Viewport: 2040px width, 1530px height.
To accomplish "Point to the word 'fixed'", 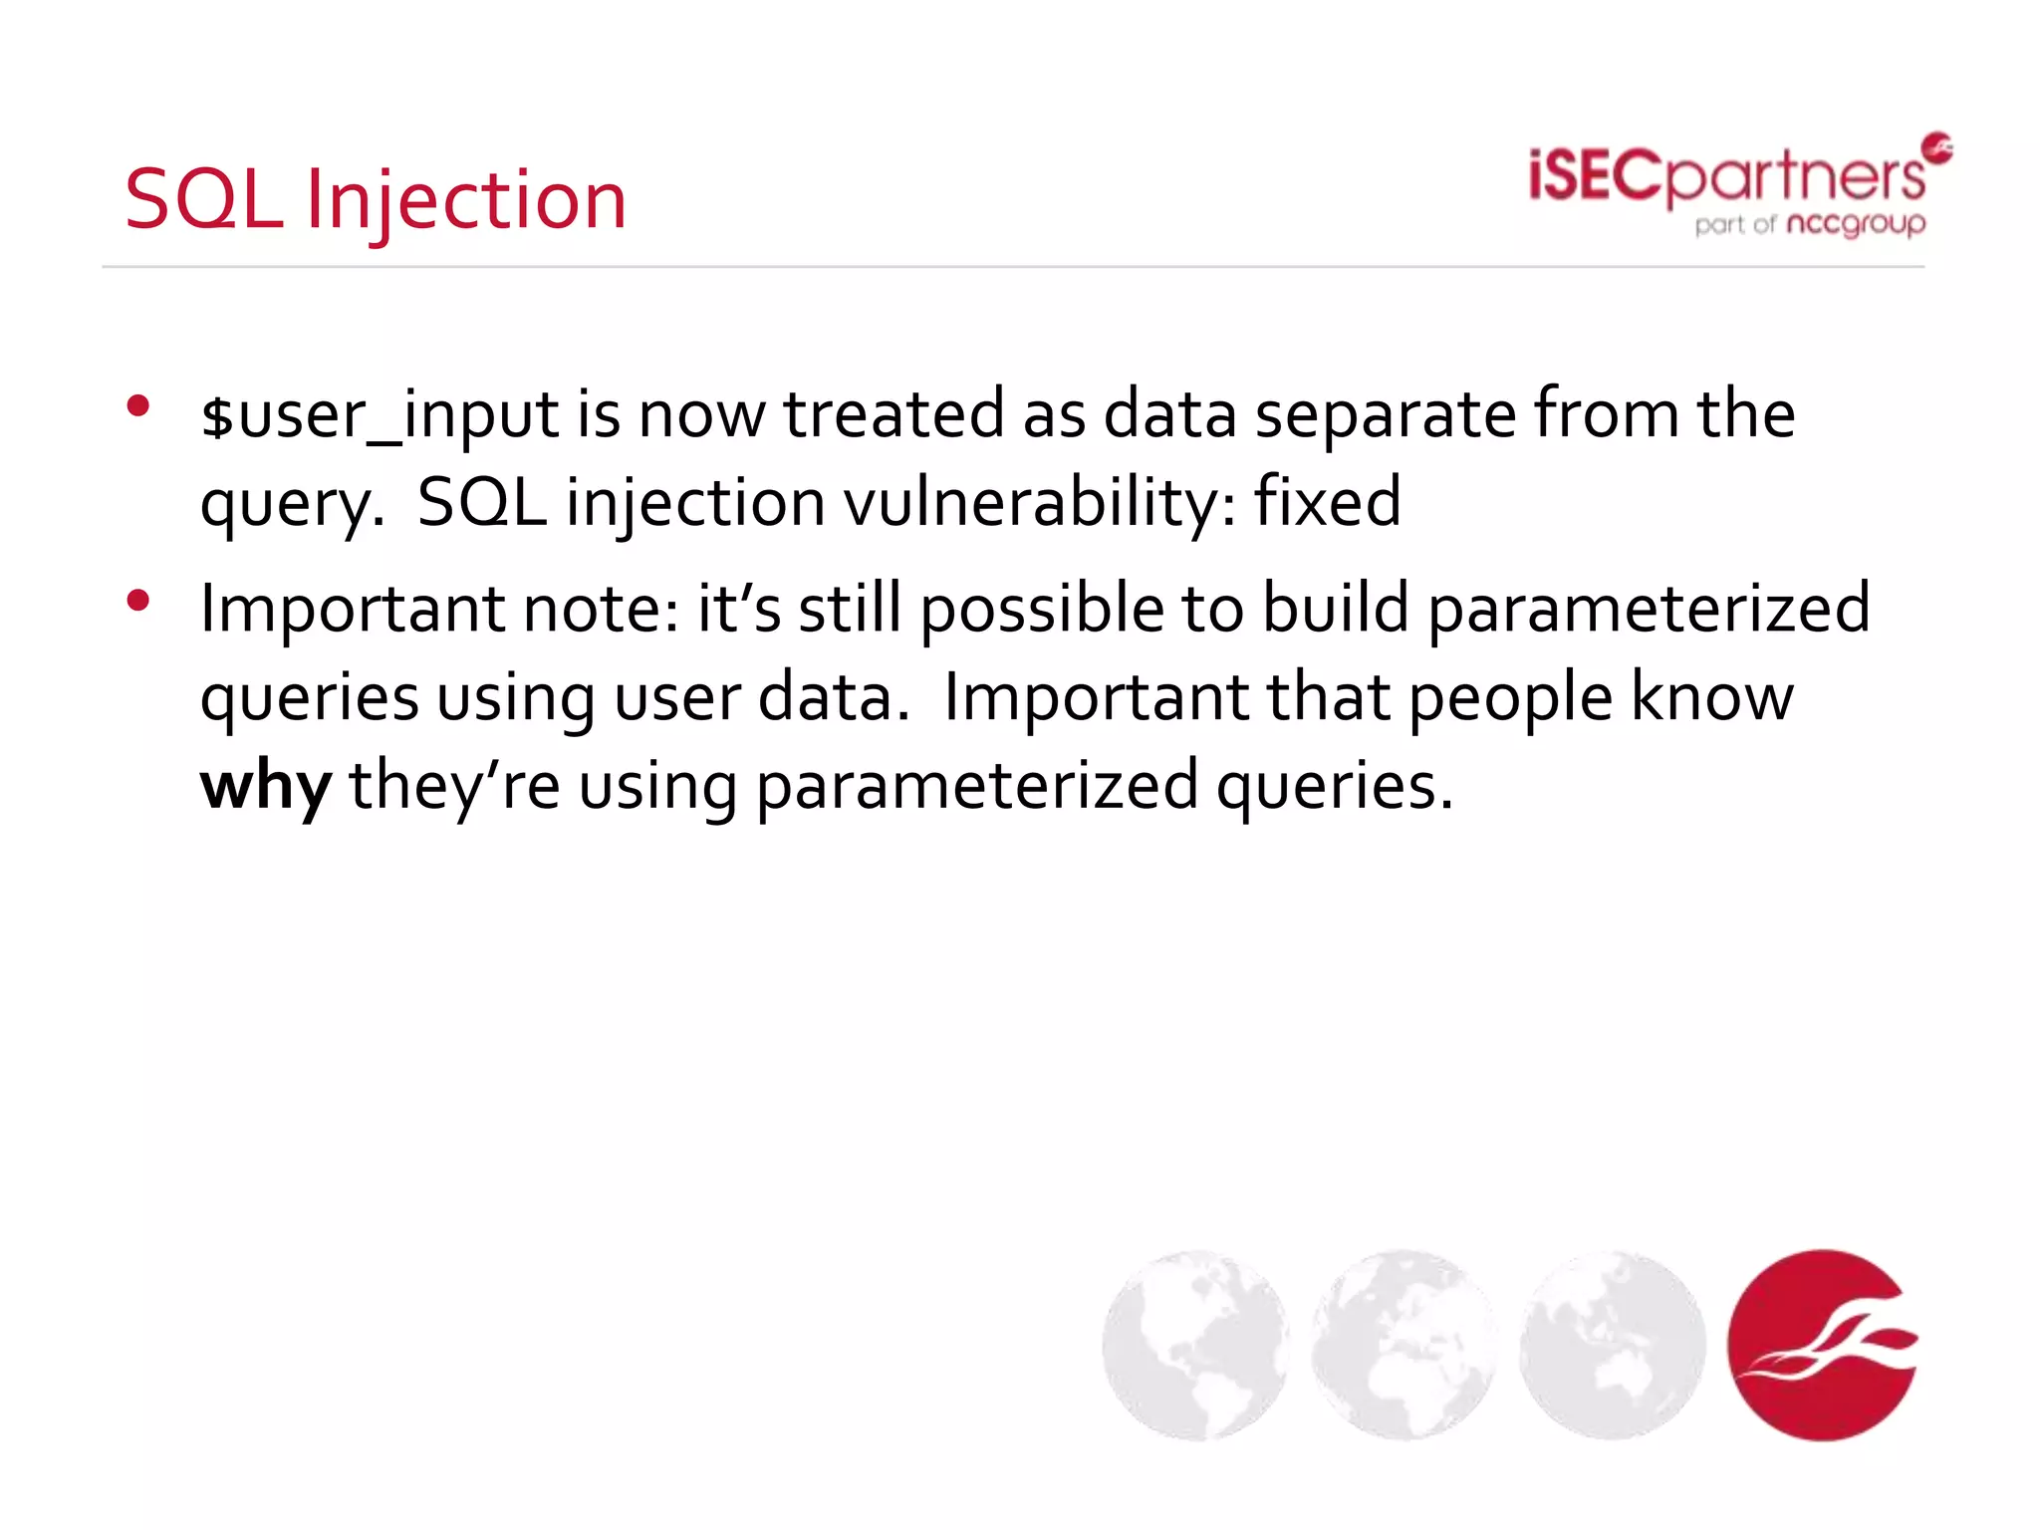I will tap(1327, 502).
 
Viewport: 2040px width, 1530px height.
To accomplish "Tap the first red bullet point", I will tap(138, 405).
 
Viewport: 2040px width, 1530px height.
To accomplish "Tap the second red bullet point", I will tap(138, 600).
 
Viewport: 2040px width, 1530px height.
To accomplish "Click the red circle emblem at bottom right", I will tap(1822, 1345).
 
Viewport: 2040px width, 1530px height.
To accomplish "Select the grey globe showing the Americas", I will tap(1195, 1345).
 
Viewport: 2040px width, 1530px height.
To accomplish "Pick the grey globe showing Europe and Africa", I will tap(1403, 1345).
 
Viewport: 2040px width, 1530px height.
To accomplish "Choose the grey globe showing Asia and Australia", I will tap(1612, 1345).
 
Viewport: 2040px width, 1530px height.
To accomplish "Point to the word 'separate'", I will tap(1385, 416).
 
